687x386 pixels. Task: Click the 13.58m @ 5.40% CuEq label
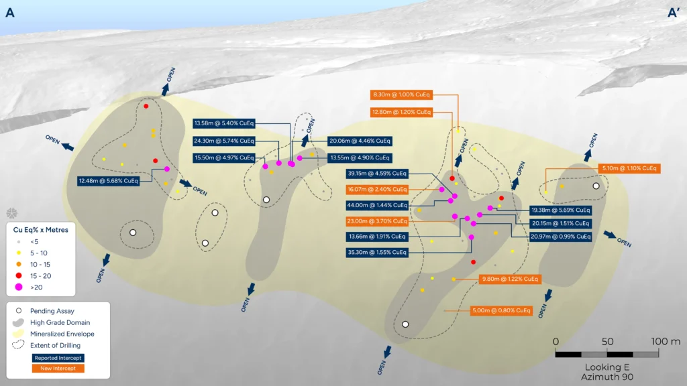click(224, 123)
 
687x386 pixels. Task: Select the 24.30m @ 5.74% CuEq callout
click(224, 141)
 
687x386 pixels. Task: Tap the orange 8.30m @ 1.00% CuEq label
click(401, 94)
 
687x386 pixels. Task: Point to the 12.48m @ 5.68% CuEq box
click(108, 181)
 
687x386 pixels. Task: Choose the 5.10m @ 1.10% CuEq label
click(629, 168)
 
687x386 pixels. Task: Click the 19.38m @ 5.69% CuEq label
click(560, 210)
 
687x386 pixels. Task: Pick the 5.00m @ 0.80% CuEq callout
click(501, 310)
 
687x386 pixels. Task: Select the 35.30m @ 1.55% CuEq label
click(377, 252)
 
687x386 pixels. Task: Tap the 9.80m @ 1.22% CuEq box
click(510, 279)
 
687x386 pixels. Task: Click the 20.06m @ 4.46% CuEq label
click(360, 141)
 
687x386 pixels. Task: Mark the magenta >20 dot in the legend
click(18, 287)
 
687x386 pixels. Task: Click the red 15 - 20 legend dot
click(18, 275)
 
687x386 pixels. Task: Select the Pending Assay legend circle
click(18, 311)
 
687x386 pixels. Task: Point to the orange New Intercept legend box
click(58, 369)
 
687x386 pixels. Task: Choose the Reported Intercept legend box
click(58, 358)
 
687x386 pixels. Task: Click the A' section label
click(673, 13)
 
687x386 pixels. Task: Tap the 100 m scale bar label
click(666, 341)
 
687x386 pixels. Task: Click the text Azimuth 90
click(607, 377)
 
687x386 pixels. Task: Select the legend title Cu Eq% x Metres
click(41, 230)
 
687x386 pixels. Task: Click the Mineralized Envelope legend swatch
click(18, 334)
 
